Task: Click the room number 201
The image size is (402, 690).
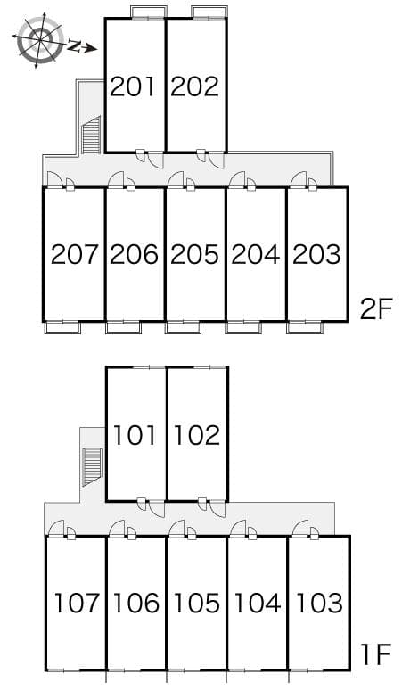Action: [133, 86]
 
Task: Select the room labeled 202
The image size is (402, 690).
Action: [194, 86]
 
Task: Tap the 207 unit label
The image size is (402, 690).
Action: [74, 255]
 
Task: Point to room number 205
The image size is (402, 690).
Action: [194, 255]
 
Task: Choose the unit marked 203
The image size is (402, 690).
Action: [316, 255]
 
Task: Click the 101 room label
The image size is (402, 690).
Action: [135, 435]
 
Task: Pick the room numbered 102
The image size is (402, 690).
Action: [197, 435]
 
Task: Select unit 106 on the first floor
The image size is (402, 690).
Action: [136, 603]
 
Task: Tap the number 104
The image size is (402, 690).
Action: [258, 603]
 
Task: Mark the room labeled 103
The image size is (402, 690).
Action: [319, 603]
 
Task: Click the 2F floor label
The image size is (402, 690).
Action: [375, 310]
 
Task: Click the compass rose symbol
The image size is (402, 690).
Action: [39, 40]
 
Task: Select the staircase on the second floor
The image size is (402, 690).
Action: [92, 135]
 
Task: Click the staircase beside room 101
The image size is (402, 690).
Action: [92, 467]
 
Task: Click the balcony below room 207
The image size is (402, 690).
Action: [63, 328]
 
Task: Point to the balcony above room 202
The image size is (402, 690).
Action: [209, 12]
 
